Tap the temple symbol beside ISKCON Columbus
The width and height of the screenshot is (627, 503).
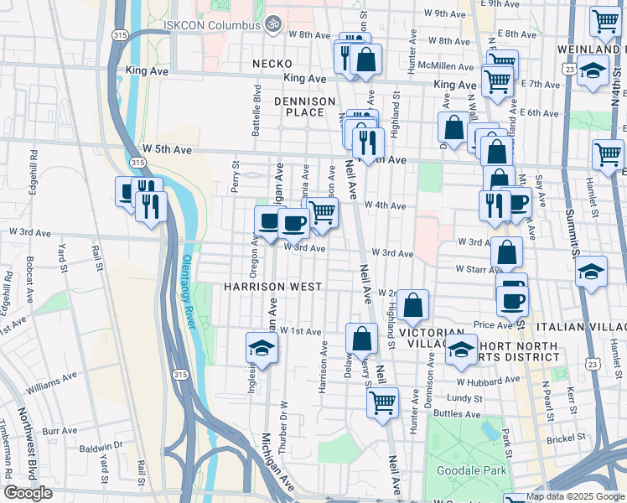click(x=270, y=24)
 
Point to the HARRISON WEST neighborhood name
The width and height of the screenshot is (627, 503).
click(x=272, y=287)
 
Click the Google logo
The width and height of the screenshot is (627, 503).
click(x=28, y=493)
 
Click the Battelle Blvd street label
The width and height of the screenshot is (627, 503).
click(x=257, y=110)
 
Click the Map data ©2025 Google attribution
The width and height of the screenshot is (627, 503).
click(x=575, y=496)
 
